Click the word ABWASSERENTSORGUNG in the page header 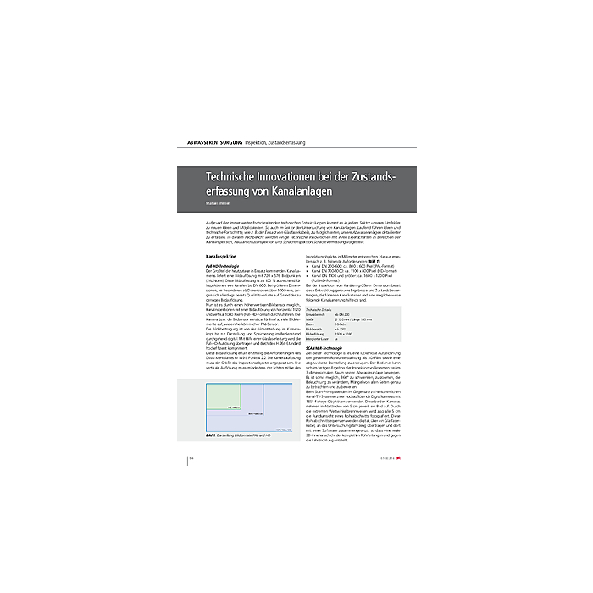[x=208, y=141]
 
